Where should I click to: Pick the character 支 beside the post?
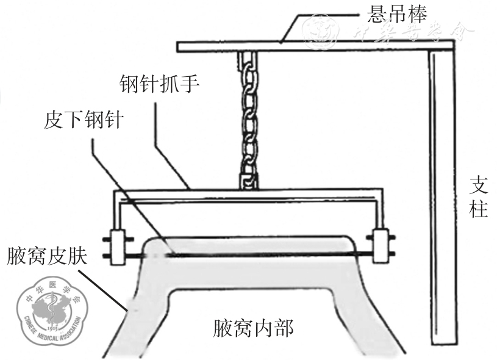click(479, 185)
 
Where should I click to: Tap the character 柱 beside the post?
click(479, 211)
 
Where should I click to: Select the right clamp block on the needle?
click(381, 245)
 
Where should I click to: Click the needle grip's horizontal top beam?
click(250, 194)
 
